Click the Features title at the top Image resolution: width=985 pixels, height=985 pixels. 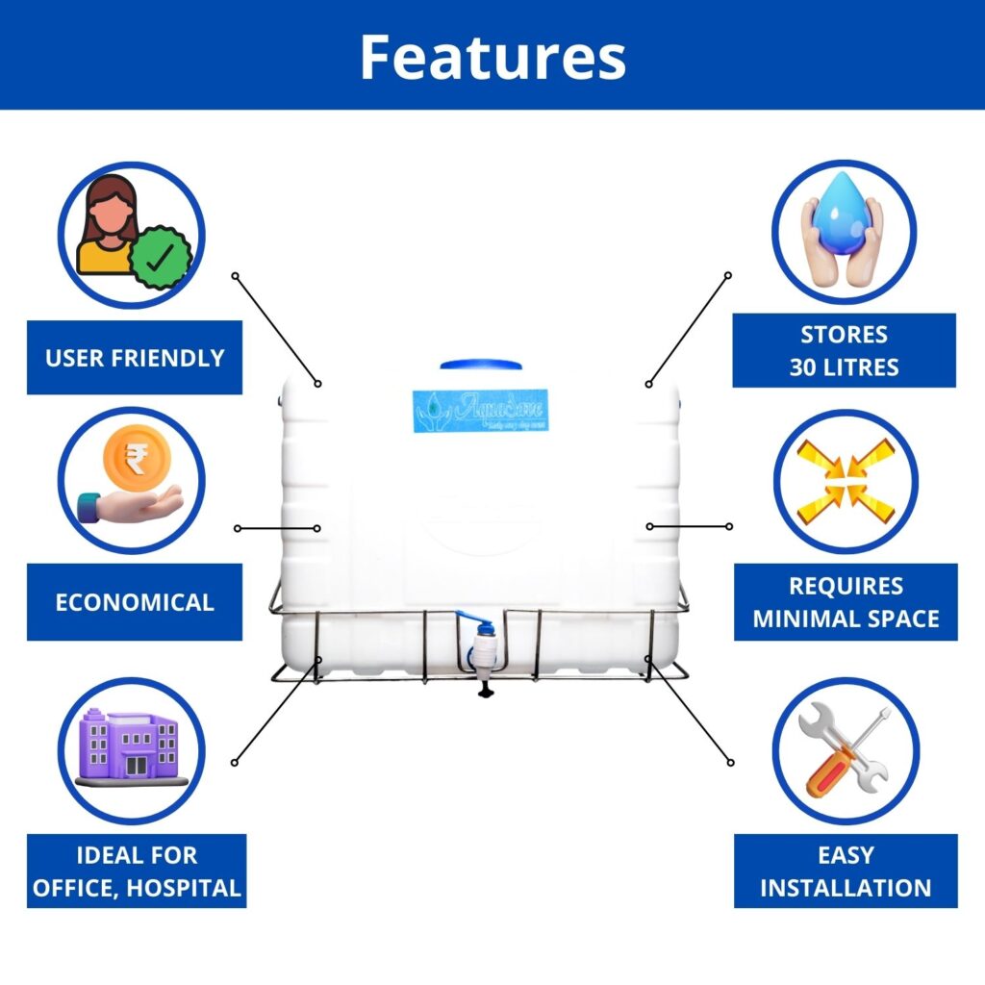(492, 57)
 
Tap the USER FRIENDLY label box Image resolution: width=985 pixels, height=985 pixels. (135, 358)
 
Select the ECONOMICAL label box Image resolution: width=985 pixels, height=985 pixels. (135, 603)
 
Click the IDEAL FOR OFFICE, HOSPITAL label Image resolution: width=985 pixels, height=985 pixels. (136, 871)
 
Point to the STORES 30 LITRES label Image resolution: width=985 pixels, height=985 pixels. (844, 350)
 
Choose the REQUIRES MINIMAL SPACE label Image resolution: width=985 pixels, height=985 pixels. (846, 601)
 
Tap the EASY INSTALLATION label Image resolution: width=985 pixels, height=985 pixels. (846, 871)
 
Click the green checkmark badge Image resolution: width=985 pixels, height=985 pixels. (161, 257)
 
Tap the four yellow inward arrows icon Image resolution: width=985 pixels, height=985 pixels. (846, 480)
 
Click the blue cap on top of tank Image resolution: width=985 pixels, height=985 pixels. (481, 366)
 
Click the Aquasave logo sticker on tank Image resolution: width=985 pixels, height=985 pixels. (481, 411)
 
